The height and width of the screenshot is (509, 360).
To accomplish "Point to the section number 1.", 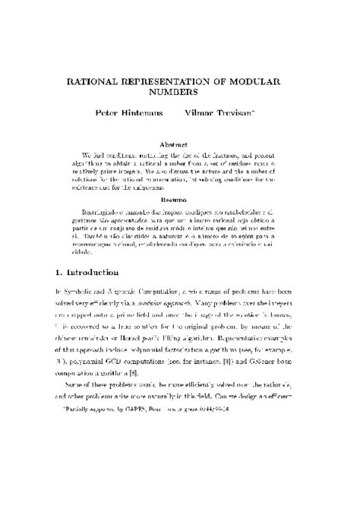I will pyautogui.click(x=58, y=271).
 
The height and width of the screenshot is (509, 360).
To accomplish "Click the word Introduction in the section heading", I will pyautogui.click(x=93, y=271).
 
